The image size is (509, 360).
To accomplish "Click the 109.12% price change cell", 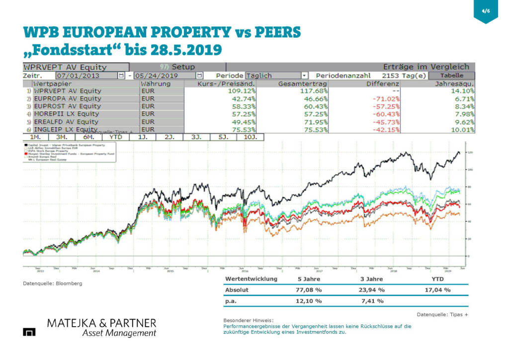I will tap(241, 91).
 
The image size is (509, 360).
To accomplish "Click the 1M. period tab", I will tap(35, 136).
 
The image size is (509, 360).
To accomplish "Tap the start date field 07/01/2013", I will tap(85, 76).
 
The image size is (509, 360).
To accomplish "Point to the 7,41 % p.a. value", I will tap(372, 301).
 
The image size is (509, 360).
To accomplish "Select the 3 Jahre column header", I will tap(371, 279).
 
